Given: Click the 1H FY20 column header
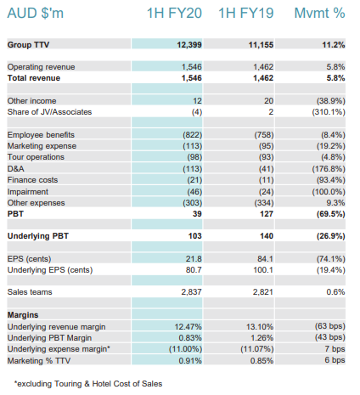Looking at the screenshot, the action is click(174, 13).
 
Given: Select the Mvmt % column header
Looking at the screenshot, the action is click(319, 13).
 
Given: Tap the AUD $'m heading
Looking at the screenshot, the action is click(36, 13).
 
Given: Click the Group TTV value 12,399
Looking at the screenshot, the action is click(189, 45).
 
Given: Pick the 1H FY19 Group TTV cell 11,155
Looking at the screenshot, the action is click(261, 45).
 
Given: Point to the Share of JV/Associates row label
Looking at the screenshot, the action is click(49, 112).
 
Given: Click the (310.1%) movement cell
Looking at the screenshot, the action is click(329, 112).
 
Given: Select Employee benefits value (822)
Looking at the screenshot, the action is click(193, 135).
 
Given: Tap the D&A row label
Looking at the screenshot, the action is click(16, 169).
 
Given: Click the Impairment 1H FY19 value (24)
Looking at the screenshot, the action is click(267, 192).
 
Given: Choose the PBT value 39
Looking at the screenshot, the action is click(197, 214).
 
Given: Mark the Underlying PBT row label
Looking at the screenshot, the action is click(38, 236).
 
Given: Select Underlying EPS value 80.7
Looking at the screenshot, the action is click(194, 270).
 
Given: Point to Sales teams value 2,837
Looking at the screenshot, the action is click(192, 292).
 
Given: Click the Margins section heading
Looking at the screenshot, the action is click(23, 315).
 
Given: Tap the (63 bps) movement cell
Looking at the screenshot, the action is click(330, 326).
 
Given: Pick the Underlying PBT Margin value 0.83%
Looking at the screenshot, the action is click(190, 338).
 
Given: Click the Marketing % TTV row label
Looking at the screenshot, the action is click(39, 361).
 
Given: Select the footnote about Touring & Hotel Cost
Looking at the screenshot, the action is click(88, 384).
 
